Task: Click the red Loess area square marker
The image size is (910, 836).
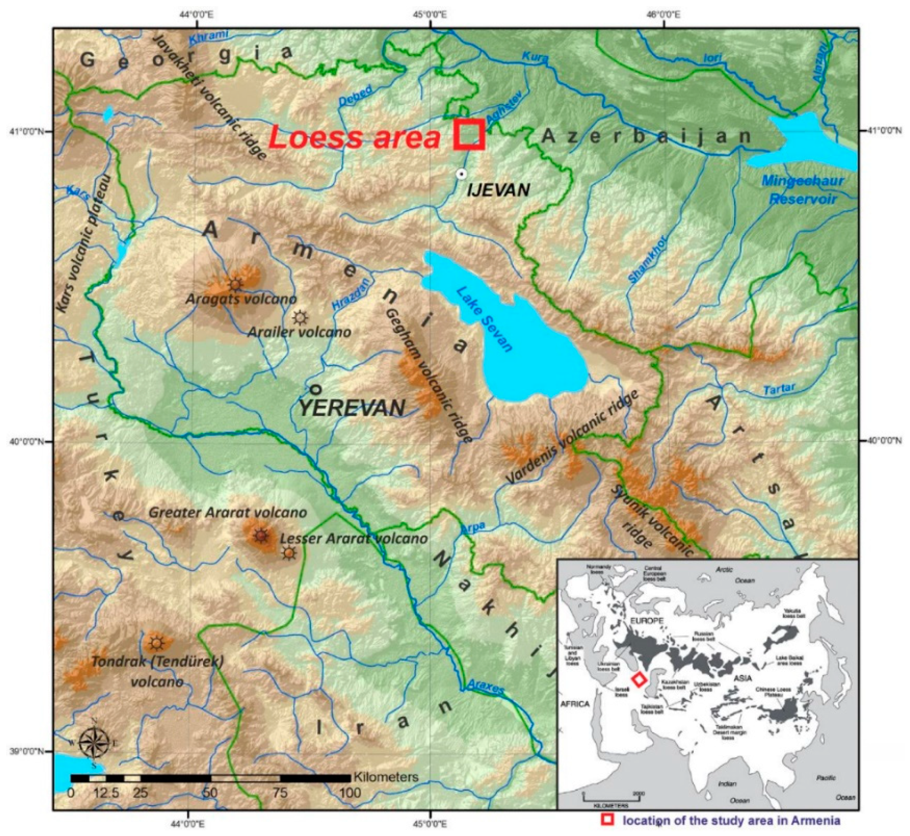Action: pos(469,134)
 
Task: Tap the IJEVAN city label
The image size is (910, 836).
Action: pos(498,190)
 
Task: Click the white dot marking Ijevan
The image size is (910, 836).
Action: pos(461,174)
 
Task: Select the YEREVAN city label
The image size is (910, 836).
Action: pos(352,407)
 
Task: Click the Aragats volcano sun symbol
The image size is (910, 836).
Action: pos(235,285)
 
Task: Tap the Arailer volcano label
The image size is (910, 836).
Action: pos(299,332)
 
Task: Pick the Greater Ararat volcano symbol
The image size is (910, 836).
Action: pos(260,536)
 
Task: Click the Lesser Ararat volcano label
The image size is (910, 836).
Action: pos(353,538)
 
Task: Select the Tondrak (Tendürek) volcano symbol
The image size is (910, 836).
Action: pos(156,643)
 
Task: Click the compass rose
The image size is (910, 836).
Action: pos(94,742)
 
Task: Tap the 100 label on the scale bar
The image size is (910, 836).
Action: pos(350,793)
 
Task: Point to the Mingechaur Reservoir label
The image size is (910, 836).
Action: pos(803,189)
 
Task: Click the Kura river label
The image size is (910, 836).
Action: pos(535,57)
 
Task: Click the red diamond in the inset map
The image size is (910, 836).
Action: pos(638,679)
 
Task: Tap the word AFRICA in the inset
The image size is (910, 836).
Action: pos(575,704)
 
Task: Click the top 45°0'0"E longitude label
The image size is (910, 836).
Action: pos(431,15)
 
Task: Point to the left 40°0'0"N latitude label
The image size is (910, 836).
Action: pos(26,441)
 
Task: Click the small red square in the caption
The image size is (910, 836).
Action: pos(607,819)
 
